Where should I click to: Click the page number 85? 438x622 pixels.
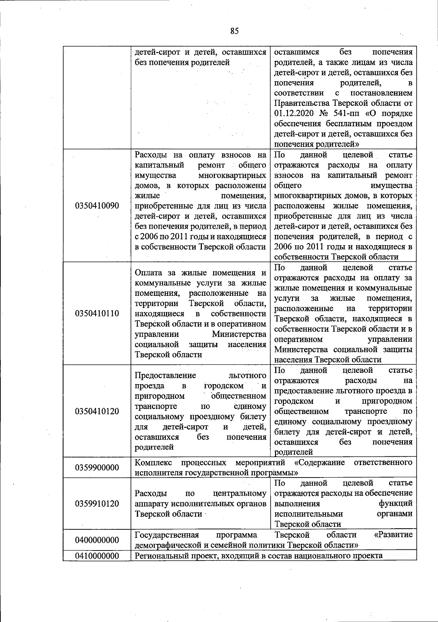(234, 31)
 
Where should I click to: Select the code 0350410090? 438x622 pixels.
(97, 205)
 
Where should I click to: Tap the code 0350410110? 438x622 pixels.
(97, 313)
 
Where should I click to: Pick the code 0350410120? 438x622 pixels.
(97, 411)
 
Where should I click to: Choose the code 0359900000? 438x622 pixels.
(97, 467)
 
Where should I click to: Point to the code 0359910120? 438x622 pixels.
(97, 504)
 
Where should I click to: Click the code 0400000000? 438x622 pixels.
(97, 540)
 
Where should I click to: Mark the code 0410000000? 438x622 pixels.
(97, 556)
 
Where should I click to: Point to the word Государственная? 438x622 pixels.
(167, 535)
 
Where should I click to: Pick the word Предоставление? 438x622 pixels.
(165, 375)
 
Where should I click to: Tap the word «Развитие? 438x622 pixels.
(393, 535)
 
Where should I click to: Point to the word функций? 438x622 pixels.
(396, 503)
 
